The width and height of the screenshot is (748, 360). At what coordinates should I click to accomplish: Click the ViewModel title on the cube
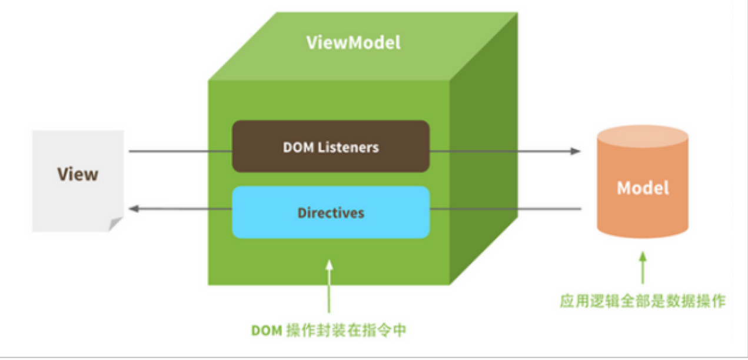[x=353, y=42]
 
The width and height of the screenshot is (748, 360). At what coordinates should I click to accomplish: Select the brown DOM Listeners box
[x=331, y=146]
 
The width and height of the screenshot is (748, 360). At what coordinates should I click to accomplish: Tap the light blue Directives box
[x=331, y=212]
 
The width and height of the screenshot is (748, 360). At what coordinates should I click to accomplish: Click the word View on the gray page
[x=78, y=174]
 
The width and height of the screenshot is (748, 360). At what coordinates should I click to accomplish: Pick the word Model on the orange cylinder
[x=643, y=188]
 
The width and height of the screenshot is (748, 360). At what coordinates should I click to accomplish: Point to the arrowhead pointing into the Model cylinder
[x=577, y=151]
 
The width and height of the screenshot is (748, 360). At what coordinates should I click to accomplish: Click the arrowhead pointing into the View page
[x=134, y=209]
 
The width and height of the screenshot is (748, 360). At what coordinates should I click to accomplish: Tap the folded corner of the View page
[x=116, y=224]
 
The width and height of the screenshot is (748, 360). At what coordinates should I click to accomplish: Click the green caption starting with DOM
[x=329, y=331]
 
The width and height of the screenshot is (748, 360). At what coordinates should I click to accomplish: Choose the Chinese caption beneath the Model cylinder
[x=642, y=302]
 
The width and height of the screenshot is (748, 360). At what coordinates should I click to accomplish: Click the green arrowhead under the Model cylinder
[x=643, y=257]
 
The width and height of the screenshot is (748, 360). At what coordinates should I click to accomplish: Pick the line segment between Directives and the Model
[x=506, y=209]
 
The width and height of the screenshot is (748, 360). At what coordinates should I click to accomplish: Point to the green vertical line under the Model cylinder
[x=643, y=274]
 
